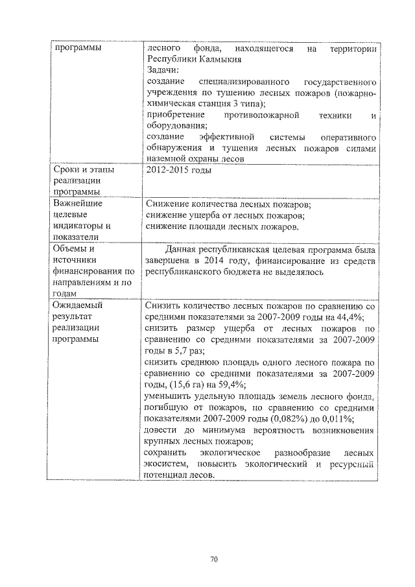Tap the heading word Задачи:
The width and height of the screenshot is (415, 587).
point(162,69)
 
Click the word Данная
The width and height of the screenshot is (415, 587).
point(185,249)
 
